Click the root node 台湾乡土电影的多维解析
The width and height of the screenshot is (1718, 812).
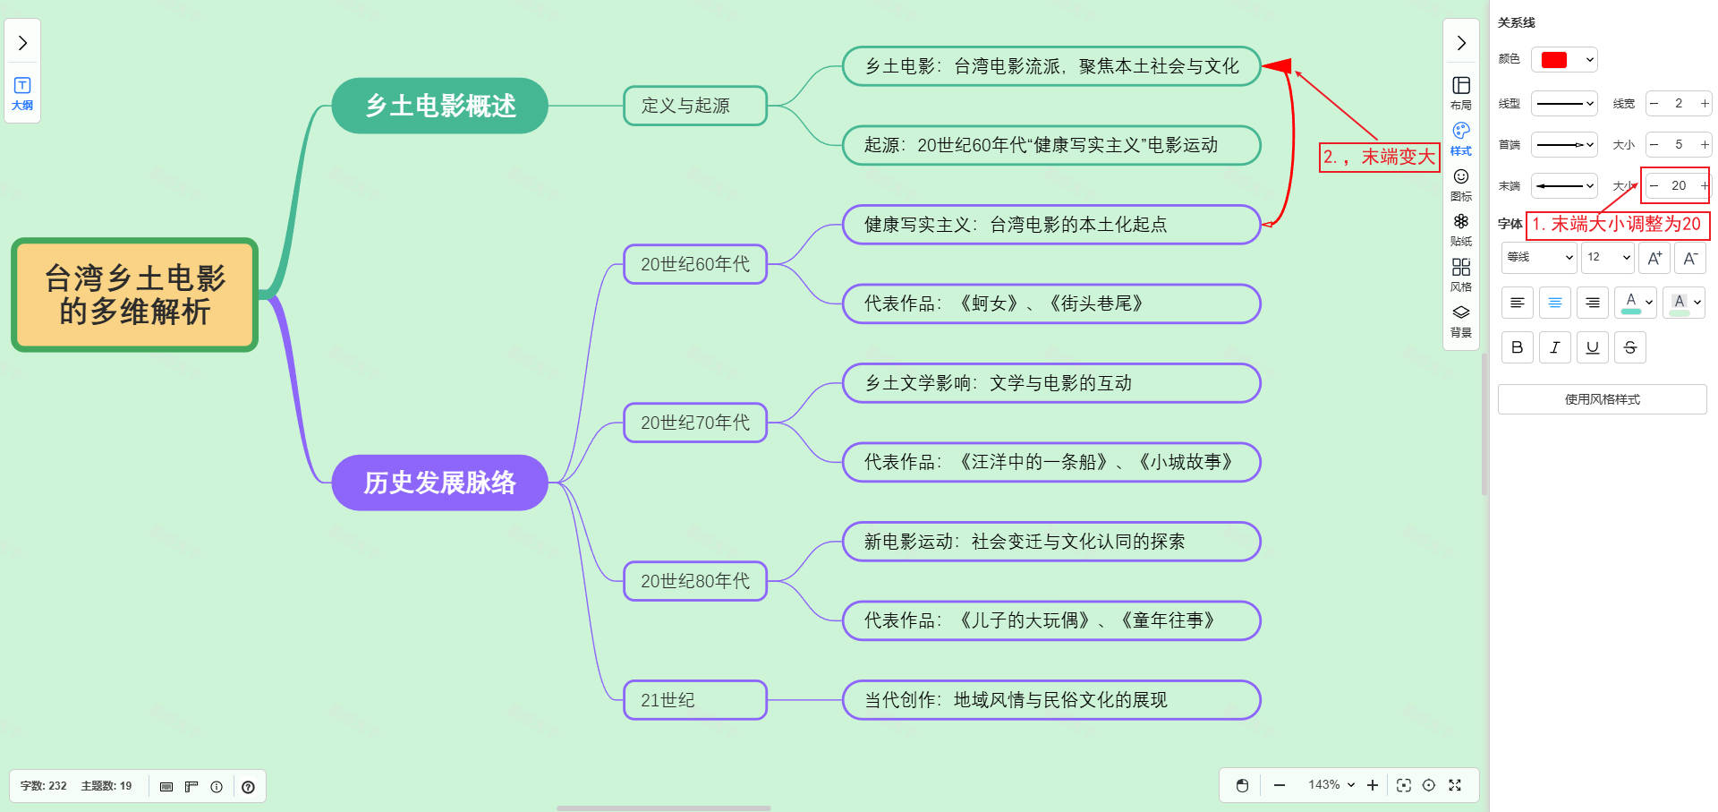(x=134, y=295)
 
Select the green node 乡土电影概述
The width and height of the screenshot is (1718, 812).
(x=439, y=106)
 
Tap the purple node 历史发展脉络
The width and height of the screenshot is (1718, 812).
(x=439, y=483)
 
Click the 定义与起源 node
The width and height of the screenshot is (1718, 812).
(x=694, y=106)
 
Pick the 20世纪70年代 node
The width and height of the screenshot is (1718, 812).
(x=694, y=423)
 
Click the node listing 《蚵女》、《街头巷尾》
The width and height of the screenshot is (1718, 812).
(x=1050, y=303)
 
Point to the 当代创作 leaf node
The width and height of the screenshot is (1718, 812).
(x=1050, y=700)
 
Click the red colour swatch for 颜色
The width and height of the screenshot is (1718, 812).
(x=1554, y=60)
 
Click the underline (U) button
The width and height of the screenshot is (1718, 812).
(x=1592, y=347)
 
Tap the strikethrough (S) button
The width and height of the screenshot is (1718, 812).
(x=1629, y=347)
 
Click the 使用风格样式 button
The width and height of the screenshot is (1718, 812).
(x=1602, y=399)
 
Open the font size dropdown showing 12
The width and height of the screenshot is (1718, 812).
(x=1609, y=257)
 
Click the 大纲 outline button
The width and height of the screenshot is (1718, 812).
(x=22, y=92)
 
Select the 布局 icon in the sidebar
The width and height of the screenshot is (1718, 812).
(x=1461, y=92)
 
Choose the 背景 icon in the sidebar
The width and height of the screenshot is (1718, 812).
(x=1461, y=320)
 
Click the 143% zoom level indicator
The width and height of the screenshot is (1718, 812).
(x=1331, y=785)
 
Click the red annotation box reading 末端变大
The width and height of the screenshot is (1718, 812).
(x=1379, y=157)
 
